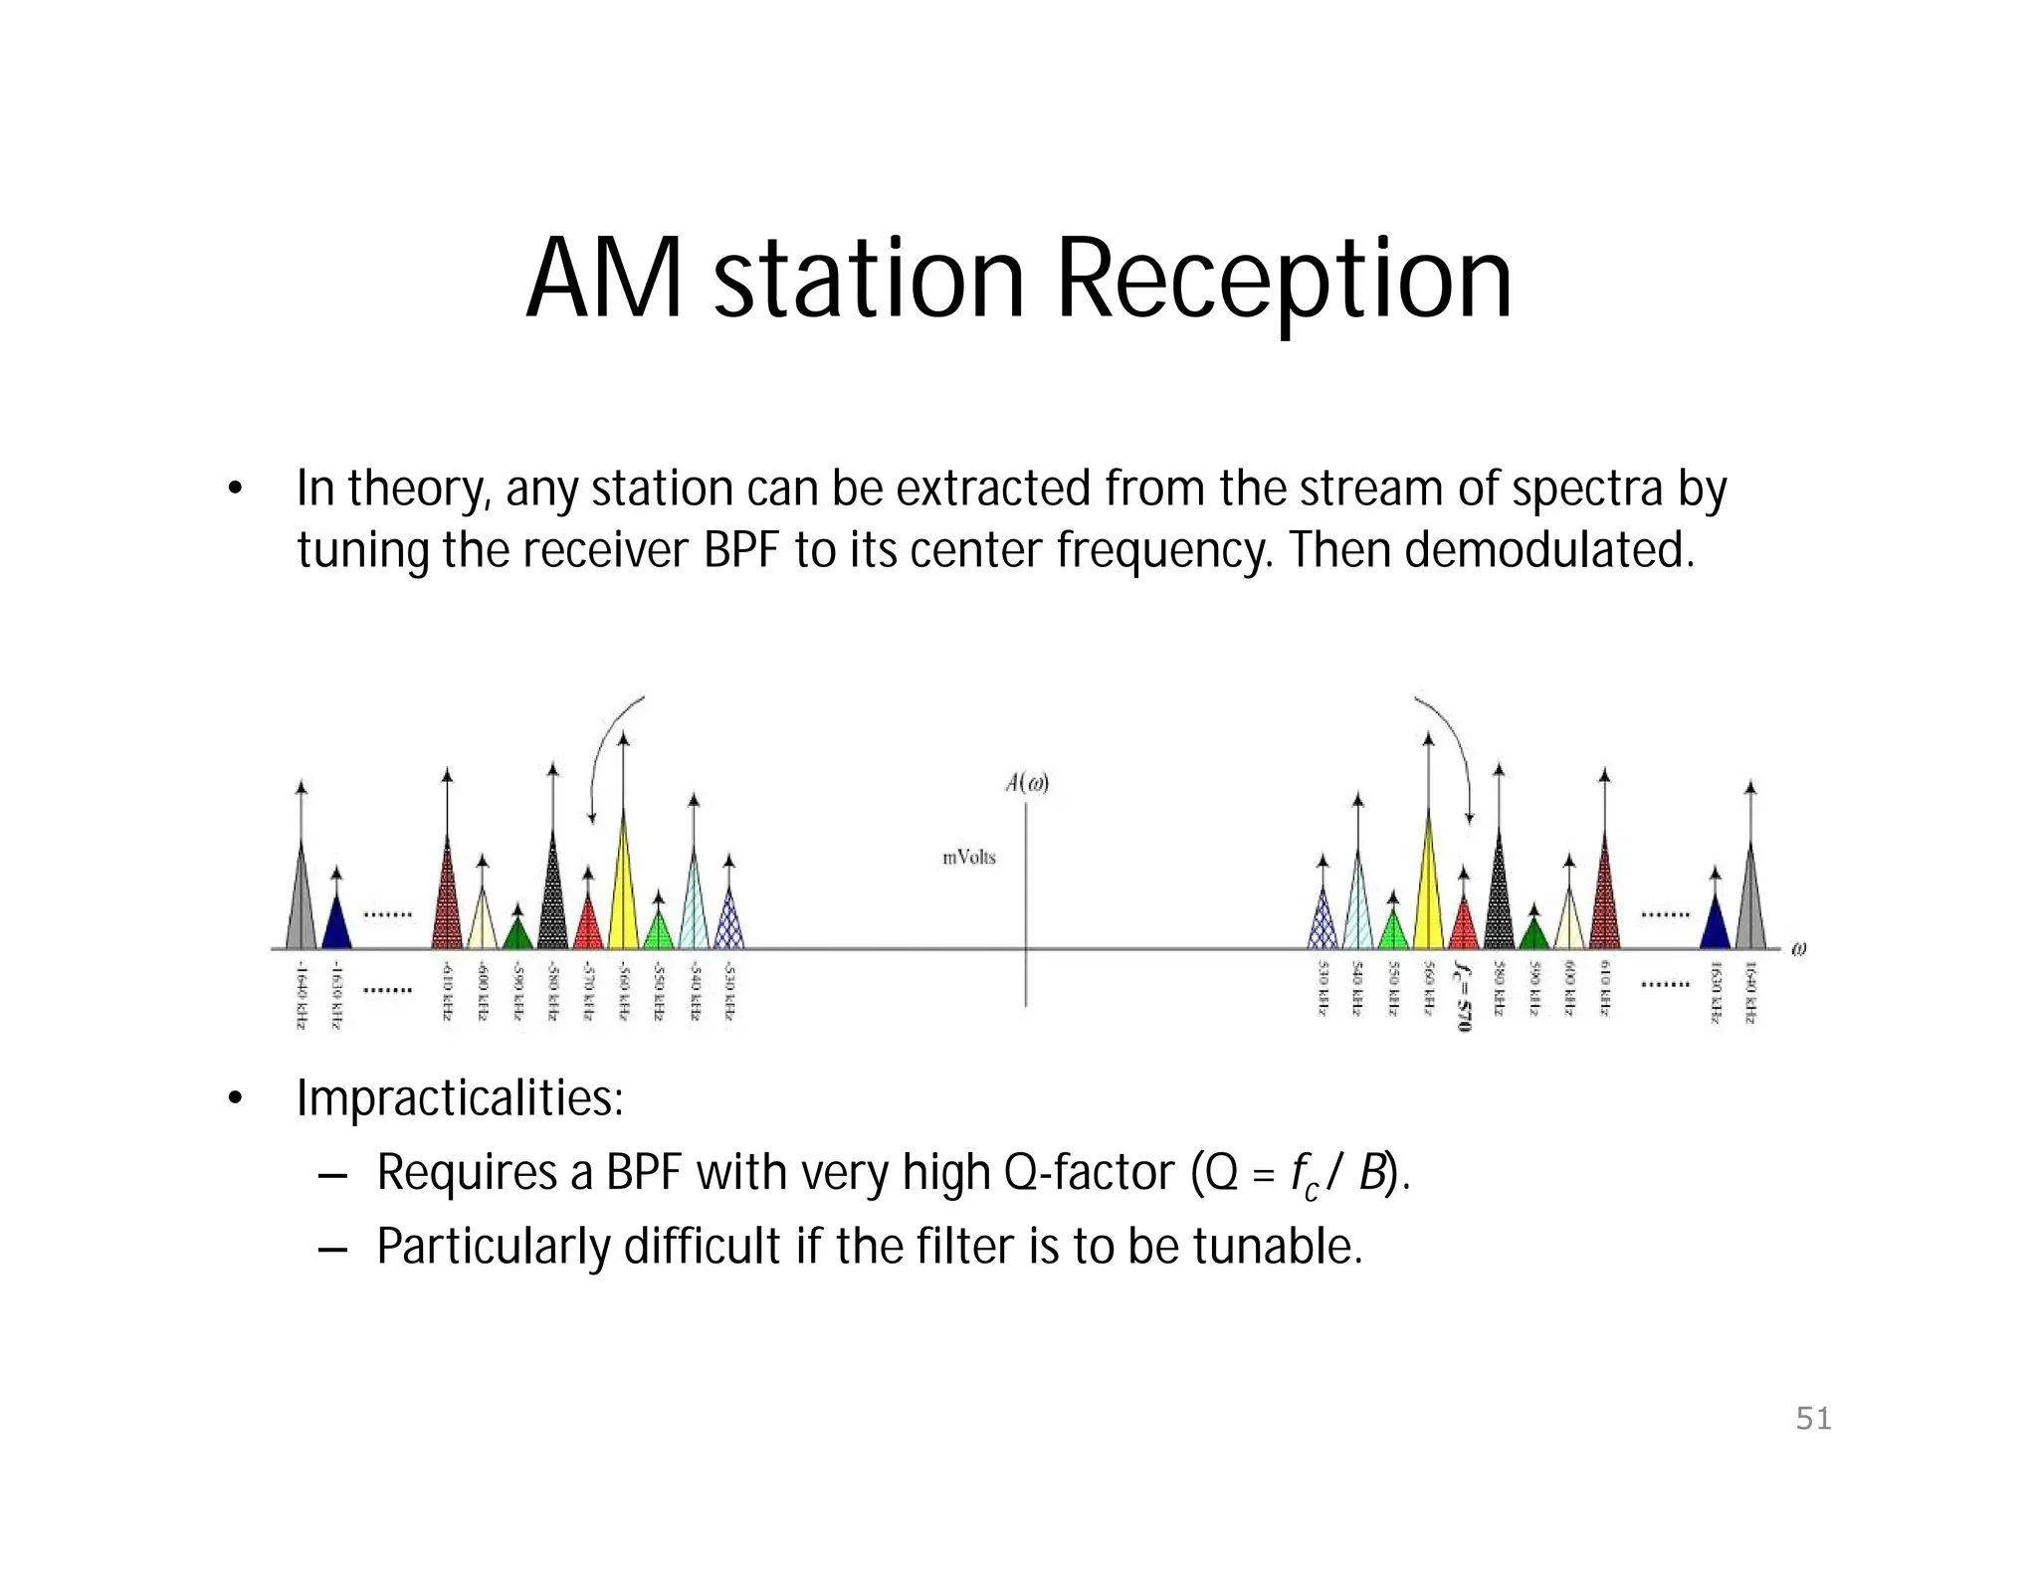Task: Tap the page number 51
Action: pyautogui.click(x=1813, y=1418)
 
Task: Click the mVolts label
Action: pyautogui.click(x=968, y=857)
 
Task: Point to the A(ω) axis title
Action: pyautogui.click(x=1027, y=783)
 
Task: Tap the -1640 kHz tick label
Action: pyautogui.click(x=301, y=994)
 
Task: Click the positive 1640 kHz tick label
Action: pyautogui.click(x=1750, y=992)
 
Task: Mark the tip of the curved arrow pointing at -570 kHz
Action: pyautogui.click(x=592, y=820)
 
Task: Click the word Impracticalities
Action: pyautogui.click(x=460, y=1098)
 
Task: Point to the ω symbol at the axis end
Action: pyautogui.click(x=1798, y=948)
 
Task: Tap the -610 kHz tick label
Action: pyautogui.click(x=447, y=991)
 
